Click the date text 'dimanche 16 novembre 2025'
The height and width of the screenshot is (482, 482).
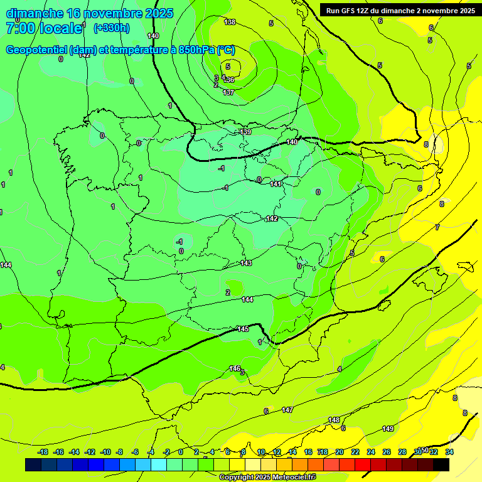[x=89, y=13]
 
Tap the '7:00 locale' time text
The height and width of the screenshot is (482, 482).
[x=44, y=28]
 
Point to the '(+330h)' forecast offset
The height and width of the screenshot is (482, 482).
[x=111, y=28]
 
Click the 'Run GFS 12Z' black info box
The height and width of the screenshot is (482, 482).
[x=400, y=10]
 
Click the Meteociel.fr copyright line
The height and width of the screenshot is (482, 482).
[x=267, y=478]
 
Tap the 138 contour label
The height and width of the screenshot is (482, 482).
[x=230, y=22]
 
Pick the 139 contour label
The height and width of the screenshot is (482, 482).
[x=245, y=132]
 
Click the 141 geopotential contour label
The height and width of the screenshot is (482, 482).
[x=276, y=184]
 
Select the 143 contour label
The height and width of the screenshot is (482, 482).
[x=246, y=263]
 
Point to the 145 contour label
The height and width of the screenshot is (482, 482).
[x=243, y=329]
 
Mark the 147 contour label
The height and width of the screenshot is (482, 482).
[x=287, y=410]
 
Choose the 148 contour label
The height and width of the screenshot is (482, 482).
[x=334, y=420]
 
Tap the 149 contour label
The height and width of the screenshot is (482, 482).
[x=388, y=429]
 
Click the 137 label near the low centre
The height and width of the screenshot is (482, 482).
[x=228, y=92]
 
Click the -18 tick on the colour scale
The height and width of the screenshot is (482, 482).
[x=43, y=452]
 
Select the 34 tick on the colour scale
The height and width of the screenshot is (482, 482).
[x=449, y=452]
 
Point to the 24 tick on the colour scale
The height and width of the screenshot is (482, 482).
[x=371, y=452]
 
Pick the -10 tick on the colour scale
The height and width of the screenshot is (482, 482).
[x=105, y=452]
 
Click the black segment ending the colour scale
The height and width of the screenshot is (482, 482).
[x=441, y=464]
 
